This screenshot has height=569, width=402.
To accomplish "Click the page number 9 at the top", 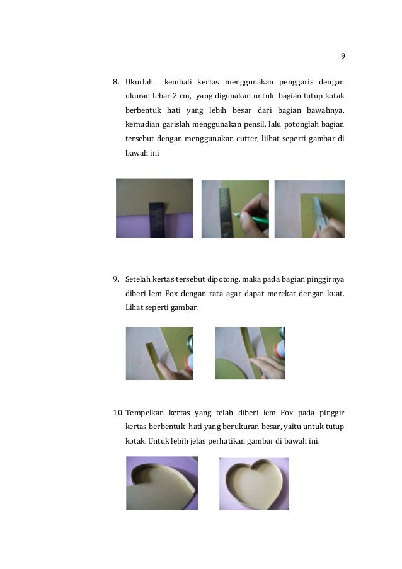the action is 343,56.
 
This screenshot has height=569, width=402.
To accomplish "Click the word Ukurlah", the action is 139,82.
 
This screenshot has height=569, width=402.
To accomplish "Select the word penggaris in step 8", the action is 296,83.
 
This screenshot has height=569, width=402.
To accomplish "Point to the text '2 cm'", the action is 181,96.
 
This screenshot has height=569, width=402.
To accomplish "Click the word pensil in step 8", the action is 255,125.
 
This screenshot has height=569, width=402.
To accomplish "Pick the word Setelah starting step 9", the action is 138,279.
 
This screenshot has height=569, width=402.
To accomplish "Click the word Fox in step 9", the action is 171,294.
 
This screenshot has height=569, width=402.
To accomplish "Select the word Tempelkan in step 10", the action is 144,413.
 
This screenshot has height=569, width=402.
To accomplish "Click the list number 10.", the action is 118,413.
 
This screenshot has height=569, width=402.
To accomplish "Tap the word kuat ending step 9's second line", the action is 336,294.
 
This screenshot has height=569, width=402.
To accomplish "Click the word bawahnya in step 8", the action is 326,110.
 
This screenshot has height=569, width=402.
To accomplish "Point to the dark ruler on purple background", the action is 157,220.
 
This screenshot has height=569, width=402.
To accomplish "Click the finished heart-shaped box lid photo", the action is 254,484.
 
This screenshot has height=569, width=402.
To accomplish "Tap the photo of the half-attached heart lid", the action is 162,483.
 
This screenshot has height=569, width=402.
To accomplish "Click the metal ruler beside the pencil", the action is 226,212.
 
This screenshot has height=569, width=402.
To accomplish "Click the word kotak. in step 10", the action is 135,441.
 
